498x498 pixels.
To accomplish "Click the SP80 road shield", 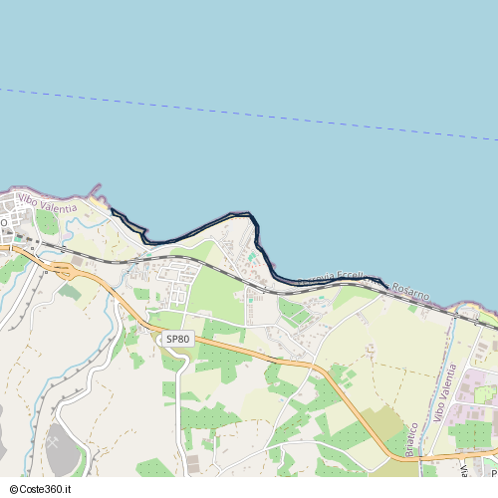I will pyautogui.click(x=177, y=340).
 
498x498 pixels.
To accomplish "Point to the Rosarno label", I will pyautogui.click(x=410, y=292).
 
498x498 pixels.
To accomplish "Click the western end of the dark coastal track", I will pyautogui.click(x=111, y=209).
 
